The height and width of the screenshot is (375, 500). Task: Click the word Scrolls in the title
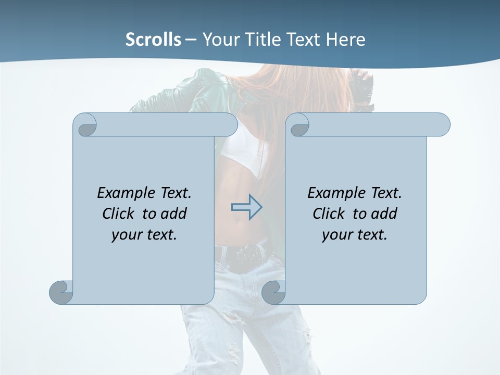coord(154,40)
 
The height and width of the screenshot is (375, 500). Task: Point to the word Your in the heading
coord(221,40)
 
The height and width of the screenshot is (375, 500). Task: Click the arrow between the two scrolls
coord(246,207)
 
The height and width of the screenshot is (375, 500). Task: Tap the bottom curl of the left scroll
coord(61,292)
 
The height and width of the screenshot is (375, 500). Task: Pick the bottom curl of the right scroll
coord(273,292)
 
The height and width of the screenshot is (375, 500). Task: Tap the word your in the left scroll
coord(126,235)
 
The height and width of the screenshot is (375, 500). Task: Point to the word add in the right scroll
coord(384,214)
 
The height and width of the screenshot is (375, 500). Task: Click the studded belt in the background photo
coord(245,253)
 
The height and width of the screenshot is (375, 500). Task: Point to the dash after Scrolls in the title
coord(191,40)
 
